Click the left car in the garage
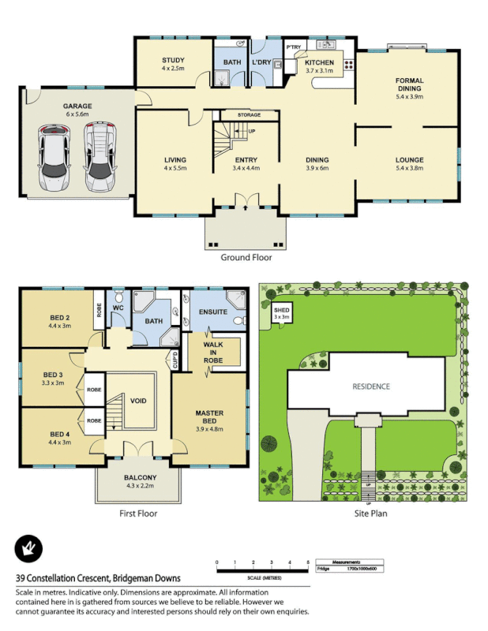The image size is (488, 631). (53, 155)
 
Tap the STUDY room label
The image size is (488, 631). (173, 64)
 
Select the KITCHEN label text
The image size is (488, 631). (320, 63)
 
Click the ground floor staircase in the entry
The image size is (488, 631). (229, 144)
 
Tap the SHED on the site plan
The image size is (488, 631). (282, 313)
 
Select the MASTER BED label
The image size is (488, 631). (209, 417)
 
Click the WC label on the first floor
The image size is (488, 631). (118, 308)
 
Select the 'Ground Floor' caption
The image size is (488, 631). (246, 257)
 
